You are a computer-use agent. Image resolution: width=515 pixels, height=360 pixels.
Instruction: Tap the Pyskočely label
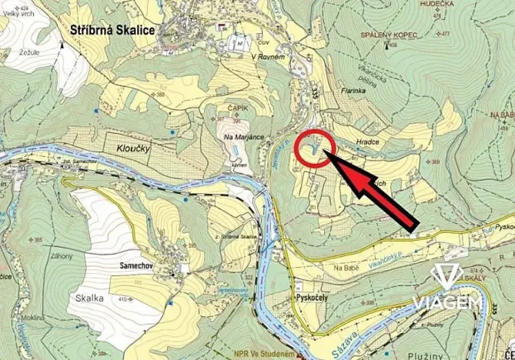pos(316,295)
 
